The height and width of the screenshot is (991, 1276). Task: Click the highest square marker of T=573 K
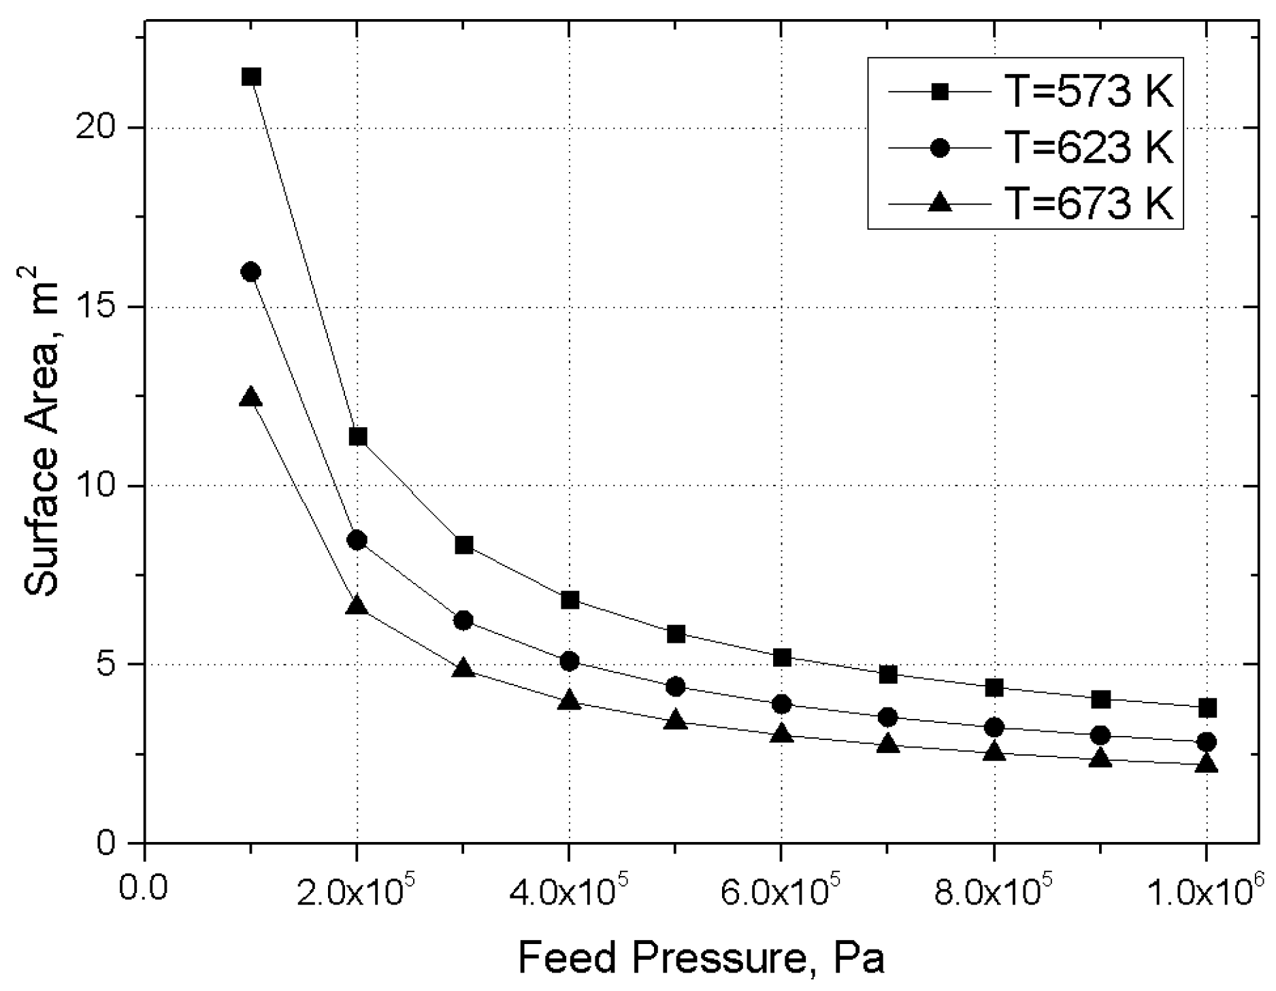(x=251, y=77)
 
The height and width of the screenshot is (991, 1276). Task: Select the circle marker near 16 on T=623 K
(x=251, y=271)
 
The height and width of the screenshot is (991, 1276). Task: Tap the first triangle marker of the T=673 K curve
(x=251, y=397)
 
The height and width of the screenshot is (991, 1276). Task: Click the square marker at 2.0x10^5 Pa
(x=358, y=437)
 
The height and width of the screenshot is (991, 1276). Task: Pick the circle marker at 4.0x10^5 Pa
(x=570, y=661)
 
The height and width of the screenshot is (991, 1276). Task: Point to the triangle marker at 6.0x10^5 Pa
(x=782, y=734)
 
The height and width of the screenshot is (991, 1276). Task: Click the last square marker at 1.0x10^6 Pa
(x=1207, y=708)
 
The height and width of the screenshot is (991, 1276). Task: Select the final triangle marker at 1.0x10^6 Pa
(x=1207, y=763)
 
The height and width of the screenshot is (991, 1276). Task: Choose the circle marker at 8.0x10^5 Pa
(x=994, y=727)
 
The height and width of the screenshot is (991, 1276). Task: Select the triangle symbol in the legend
(x=940, y=202)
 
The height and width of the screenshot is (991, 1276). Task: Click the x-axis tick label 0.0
(x=144, y=888)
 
